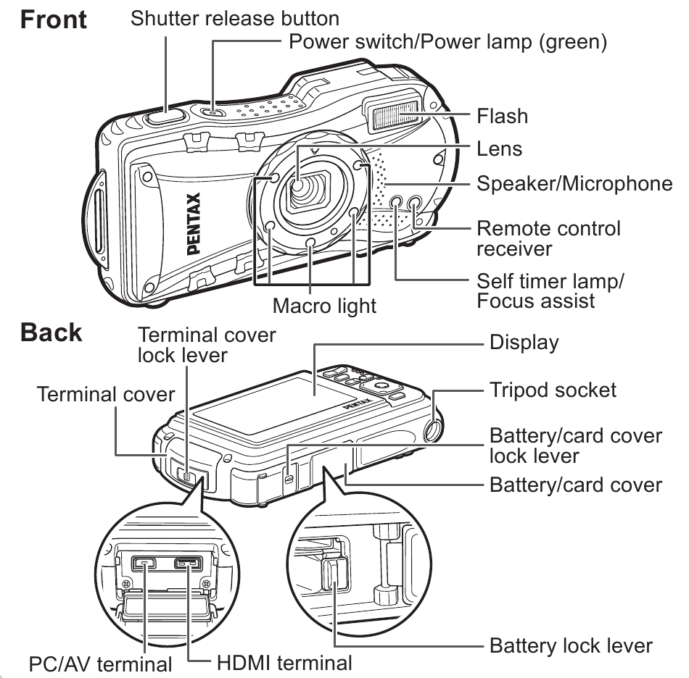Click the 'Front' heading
coord(54,20)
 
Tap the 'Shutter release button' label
coord(234,17)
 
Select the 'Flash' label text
coord(502,116)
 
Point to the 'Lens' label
coord(499,149)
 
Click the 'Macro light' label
coord(324,305)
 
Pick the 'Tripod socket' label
coord(553,390)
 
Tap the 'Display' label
coord(524,342)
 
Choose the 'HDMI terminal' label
coord(284,662)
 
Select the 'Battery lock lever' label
coord(572,645)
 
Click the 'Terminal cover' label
coord(106,395)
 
